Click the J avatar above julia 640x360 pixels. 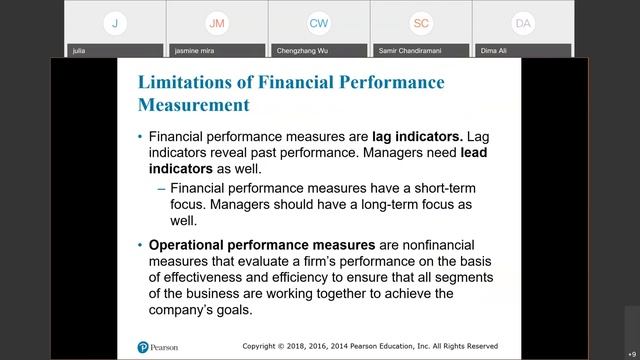115,22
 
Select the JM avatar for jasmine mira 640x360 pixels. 217,22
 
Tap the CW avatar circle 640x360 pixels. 319,22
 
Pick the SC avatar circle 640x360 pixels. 421,22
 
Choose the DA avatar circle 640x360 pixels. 523,22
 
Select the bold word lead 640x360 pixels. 480,153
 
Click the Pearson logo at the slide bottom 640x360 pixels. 161,347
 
